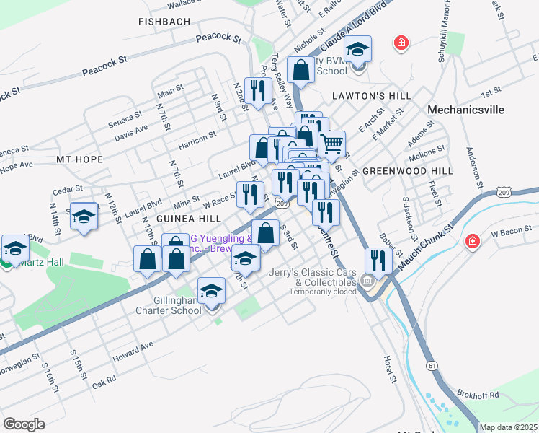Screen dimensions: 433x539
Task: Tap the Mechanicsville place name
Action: point(464,110)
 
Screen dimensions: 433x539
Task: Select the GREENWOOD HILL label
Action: point(407,171)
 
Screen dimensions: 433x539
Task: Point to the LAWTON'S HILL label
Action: point(372,96)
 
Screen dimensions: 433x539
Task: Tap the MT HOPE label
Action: point(79,158)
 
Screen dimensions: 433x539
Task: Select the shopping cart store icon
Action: point(331,143)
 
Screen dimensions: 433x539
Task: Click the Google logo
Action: point(24,424)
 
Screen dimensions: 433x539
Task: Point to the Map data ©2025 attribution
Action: point(509,427)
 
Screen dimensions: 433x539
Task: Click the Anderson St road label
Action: point(472,167)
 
